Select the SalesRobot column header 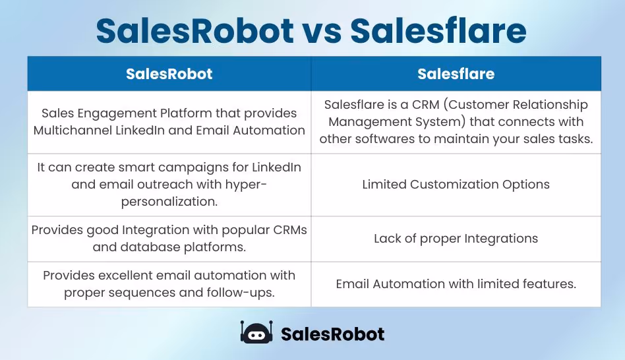(169, 74)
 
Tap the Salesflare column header (456, 74)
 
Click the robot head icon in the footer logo (256, 333)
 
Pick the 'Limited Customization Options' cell (456, 185)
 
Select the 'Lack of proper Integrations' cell (456, 239)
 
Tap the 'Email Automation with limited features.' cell (456, 284)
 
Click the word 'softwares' (380, 138)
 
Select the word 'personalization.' (169, 201)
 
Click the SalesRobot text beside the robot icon (332, 334)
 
